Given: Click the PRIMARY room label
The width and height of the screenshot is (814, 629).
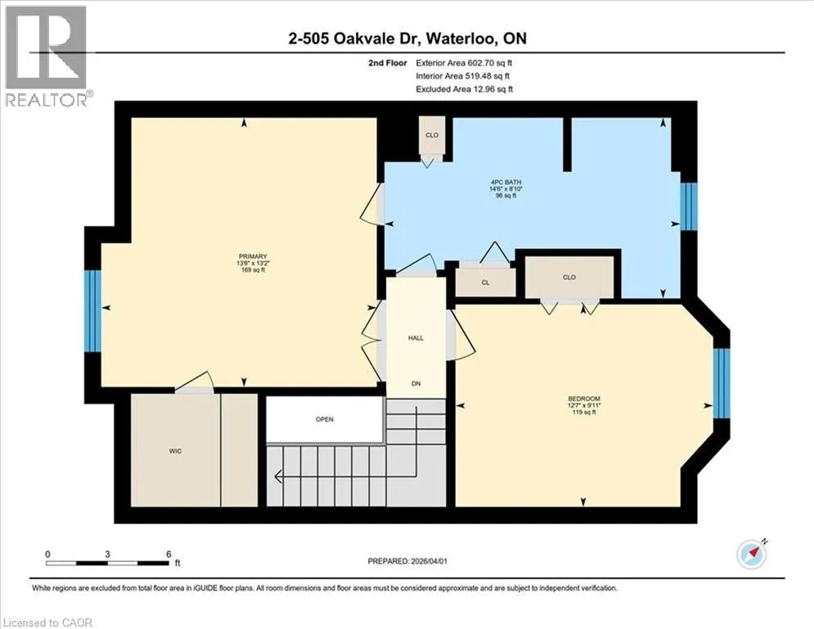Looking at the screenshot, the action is pyautogui.click(x=253, y=256).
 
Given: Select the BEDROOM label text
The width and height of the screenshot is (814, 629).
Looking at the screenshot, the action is pyautogui.click(x=584, y=399).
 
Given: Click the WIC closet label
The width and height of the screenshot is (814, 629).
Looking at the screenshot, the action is pyautogui.click(x=175, y=451).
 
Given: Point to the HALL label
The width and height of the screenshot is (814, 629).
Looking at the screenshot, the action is pyautogui.click(x=416, y=338).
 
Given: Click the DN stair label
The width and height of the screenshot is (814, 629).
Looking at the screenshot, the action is pyautogui.click(x=416, y=383).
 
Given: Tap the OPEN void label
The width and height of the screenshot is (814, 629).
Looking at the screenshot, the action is pyautogui.click(x=325, y=419).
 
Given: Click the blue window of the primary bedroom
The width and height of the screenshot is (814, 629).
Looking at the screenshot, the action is pyautogui.click(x=93, y=311).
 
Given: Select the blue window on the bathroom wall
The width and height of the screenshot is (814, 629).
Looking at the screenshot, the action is pyautogui.click(x=689, y=206).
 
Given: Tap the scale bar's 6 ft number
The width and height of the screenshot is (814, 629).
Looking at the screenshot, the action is pyautogui.click(x=169, y=554).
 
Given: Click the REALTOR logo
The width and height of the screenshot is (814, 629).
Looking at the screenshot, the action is pyautogui.click(x=47, y=55).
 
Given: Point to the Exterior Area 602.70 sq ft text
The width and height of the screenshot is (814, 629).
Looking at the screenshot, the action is pyautogui.click(x=464, y=63).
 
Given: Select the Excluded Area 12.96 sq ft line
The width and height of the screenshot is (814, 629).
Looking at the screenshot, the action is pyautogui.click(x=464, y=89).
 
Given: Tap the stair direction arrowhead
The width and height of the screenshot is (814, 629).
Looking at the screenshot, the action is pyautogui.click(x=277, y=476).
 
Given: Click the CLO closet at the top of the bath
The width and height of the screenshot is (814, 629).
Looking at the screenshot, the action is pyautogui.click(x=432, y=135).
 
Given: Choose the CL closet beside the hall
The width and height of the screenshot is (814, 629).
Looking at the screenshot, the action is pyautogui.click(x=485, y=283).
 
